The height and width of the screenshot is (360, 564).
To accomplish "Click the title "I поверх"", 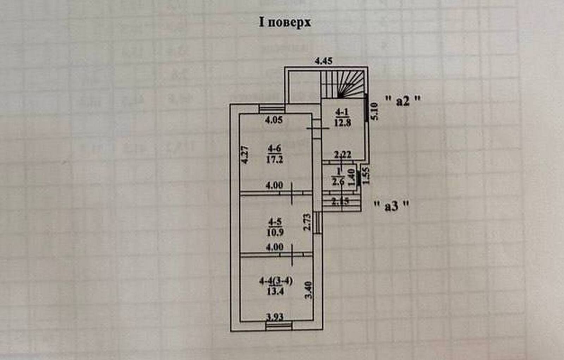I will point(285,22).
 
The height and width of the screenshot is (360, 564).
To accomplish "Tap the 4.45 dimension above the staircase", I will point(323,61).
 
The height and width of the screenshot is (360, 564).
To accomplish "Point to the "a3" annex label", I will point(392,206).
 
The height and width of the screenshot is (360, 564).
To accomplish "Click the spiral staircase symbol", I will point(348,85).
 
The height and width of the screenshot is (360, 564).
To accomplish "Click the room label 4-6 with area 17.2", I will point(274,155).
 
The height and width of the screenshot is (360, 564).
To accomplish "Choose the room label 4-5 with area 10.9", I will point(275,227).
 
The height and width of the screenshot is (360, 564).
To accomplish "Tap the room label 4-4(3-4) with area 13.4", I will point(276,286).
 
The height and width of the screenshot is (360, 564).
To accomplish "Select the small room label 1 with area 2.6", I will point(338,177).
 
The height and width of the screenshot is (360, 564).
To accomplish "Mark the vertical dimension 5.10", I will point(374,111).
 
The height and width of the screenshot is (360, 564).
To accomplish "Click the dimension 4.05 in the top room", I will point(274,120).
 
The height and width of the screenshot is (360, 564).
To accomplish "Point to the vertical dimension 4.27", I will point(245,154).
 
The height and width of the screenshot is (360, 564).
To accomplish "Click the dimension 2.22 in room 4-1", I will point(342,154).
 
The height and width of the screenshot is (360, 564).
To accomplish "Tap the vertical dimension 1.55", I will point(366,176).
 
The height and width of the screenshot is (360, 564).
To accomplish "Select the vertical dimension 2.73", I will point(307,222).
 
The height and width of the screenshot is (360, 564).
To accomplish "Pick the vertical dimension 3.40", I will point(309,290).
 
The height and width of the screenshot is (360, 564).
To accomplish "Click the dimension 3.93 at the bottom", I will point(275,317).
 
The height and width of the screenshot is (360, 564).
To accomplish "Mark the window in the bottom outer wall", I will point(279,326).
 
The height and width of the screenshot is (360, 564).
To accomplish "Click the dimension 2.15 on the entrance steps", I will point(340,202).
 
